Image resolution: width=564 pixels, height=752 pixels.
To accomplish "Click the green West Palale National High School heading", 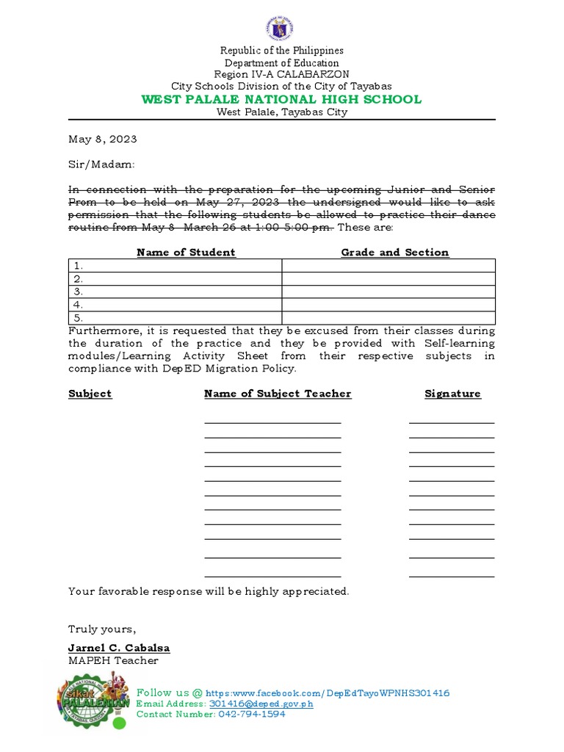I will click(x=282, y=99).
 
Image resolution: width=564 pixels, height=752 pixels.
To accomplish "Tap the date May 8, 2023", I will click(x=102, y=139).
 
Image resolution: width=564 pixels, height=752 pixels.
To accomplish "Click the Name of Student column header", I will click(x=186, y=252).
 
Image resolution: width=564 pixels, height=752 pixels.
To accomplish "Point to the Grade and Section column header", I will click(x=394, y=252).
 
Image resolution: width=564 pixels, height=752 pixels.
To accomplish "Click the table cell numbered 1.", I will click(x=175, y=266).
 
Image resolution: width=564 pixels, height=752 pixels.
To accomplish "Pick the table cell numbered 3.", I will click(x=175, y=292).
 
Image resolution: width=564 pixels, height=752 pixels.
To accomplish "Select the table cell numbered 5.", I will click(x=175, y=318).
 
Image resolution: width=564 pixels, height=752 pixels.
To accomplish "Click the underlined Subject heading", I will click(x=90, y=394).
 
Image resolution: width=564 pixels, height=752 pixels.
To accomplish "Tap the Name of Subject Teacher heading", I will click(x=278, y=394).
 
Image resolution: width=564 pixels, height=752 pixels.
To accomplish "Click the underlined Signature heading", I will click(x=452, y=394).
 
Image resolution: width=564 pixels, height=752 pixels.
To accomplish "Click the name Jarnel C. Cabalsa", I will click(x=119, y=648).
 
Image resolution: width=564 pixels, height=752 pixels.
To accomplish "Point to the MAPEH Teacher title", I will click(x=113, y=660).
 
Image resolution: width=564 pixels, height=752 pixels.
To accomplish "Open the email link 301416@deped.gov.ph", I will click(x=261, y=704).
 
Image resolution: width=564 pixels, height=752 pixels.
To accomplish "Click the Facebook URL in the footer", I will click(x=328, y=693).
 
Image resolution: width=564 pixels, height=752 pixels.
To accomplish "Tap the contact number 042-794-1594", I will click(x=251, y=714).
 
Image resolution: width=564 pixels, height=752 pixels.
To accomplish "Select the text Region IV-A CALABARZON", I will click(x=282, y=74).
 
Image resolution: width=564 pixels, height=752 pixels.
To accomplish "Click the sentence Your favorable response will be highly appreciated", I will click(x=209, y=591).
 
